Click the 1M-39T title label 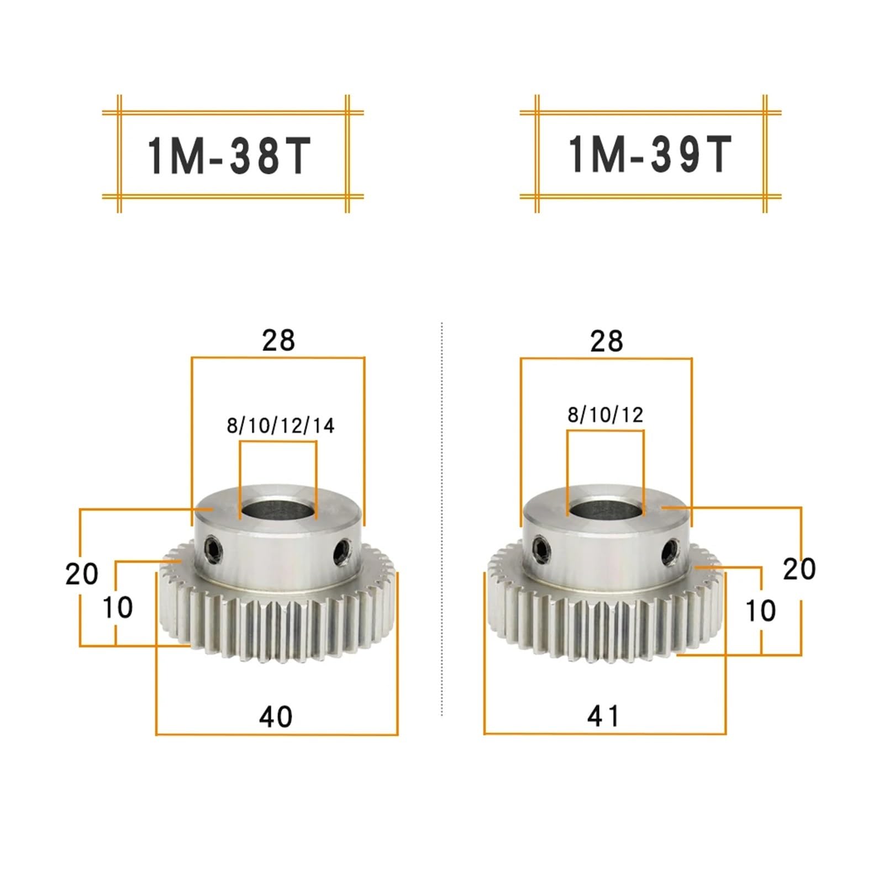[650, 155]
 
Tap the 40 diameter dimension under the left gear [276, 717]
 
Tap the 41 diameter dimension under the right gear [603, 716]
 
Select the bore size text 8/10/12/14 [281, 425]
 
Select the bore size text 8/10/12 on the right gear [606, 414]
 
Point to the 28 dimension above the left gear [278, 340]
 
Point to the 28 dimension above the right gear [607, 341]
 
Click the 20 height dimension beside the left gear [82, 574]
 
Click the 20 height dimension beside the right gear [799, 569]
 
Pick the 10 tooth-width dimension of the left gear [118, 608]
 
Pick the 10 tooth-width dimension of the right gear [761, 611]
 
